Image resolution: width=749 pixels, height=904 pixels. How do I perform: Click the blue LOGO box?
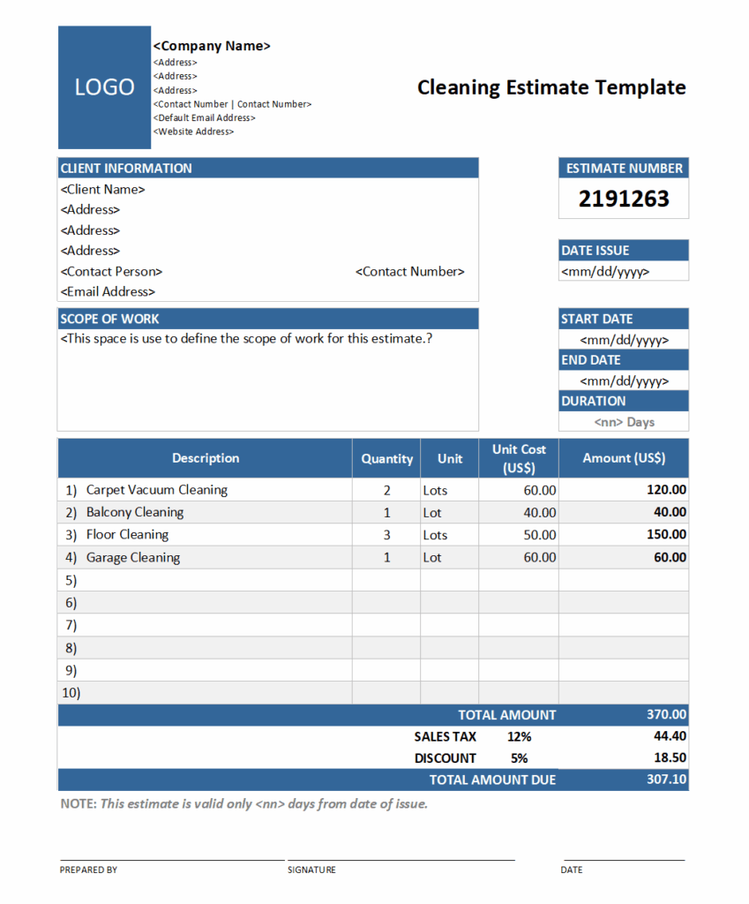(x=104, y=87)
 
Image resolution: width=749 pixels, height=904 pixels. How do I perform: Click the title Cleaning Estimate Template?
(x=551, y=87)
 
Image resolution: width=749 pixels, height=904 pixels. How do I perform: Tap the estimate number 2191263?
(x=624, y=199)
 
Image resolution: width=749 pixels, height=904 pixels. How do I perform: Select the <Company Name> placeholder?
(x=212, y=46)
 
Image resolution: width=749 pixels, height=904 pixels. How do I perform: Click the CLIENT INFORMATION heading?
(x=126, y=168)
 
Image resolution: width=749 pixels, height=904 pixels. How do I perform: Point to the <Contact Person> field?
(x=111, y=272)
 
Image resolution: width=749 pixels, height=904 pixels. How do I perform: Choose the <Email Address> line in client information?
(x=108, y=292)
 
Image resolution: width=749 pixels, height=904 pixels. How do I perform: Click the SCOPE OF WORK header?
(x=109, y=319)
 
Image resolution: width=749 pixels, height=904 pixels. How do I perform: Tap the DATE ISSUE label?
(x=595, y=251)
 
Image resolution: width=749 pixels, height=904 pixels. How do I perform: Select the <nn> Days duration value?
(x=624, y=422)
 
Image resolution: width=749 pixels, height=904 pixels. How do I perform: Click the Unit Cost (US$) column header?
(x=519, y=458)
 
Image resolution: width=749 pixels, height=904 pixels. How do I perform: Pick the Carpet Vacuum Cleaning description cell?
(x=156, y=490)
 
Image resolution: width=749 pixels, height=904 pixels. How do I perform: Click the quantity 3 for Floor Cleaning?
(x=386, y=535)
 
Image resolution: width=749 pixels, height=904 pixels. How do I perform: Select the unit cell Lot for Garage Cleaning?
(x=432, y=558)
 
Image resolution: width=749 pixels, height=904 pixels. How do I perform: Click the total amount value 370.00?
(x=666, y=715)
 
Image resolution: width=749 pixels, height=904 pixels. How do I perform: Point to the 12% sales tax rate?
(x=519, y=736)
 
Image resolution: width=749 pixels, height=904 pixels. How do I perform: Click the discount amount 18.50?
(x=670, y=758)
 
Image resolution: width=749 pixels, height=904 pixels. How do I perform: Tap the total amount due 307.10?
(x=666, y=780)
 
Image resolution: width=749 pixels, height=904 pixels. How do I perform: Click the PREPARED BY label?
(x=88, y=870)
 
